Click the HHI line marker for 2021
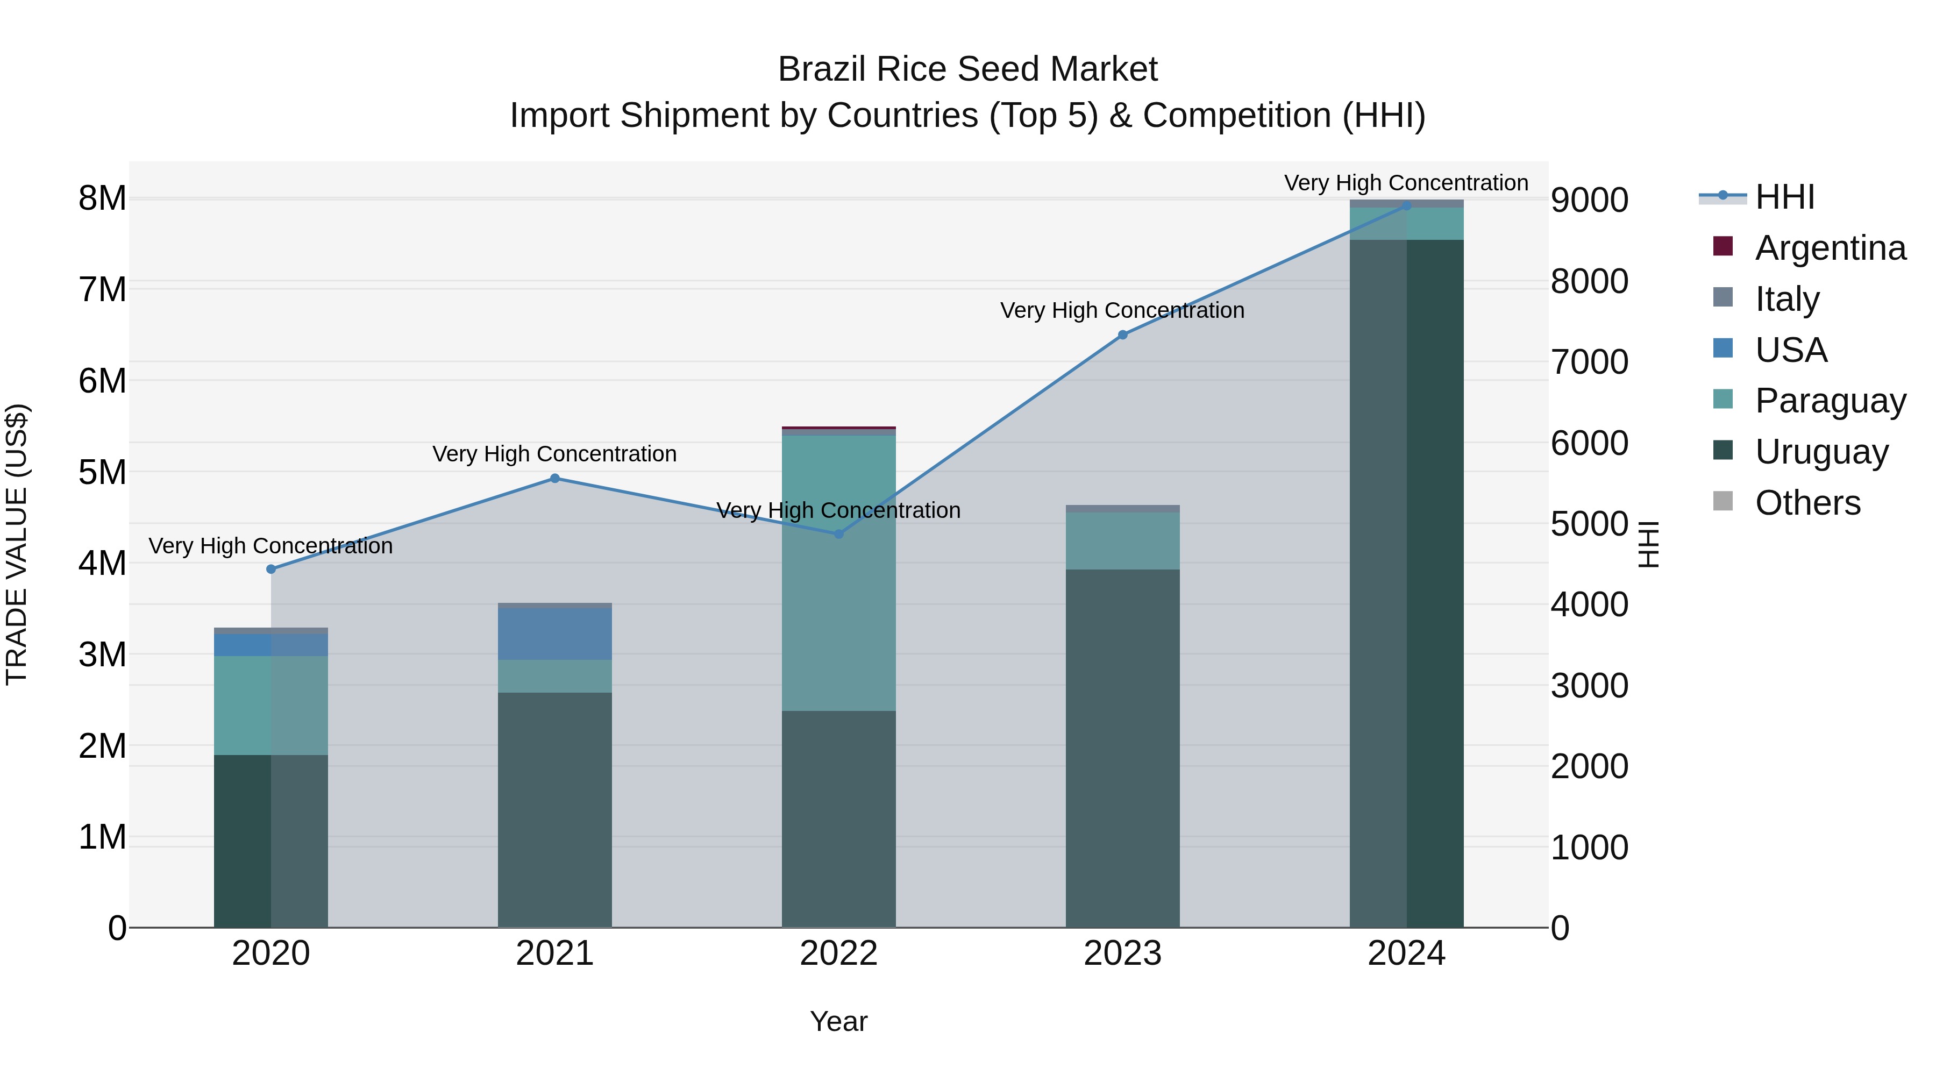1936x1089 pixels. click(x=554, y=478)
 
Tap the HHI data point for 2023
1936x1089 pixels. click(x=1123, y=334)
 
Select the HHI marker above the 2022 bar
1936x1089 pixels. click(x=839, y=533)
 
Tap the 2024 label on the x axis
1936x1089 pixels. click(x=1406, y=953)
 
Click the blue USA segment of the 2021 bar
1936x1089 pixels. click(x=554, y=634)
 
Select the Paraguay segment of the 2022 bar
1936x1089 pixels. click(x=839, y=573)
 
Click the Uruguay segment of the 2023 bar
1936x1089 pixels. click(x=1123, y=748)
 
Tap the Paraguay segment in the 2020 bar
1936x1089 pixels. click(x=271, y=705)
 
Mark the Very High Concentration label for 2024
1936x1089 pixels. click(x=1406, y=183)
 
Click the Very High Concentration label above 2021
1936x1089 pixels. click(x=554, y=454)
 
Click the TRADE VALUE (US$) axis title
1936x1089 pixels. click(x=17, y=544)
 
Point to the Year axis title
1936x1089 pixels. click(x=839, y=1021)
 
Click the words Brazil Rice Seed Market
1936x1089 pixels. click(x=967, y=69)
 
